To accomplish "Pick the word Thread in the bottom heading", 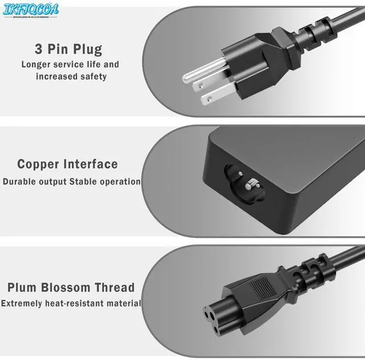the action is point(116,288).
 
